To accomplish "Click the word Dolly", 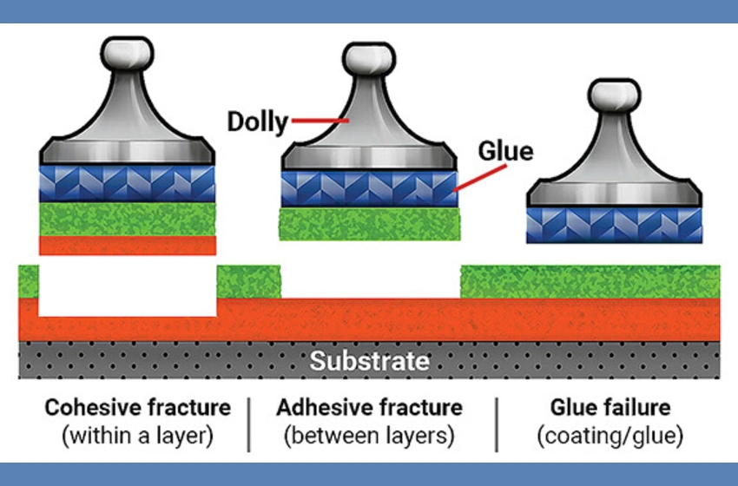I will (257, 121).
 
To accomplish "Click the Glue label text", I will (505, 151).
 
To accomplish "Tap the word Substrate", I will (369, 361).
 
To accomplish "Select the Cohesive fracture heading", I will (138, 407).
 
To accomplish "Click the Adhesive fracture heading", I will (369, 407).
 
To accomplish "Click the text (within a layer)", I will (138, 436).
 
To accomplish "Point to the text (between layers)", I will (369, 436).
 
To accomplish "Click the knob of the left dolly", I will (128, 54).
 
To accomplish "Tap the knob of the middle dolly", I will (369, 59).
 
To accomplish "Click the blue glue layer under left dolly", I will (128, 183).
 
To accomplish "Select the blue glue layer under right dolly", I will (615, 225).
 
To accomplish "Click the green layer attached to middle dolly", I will (369, 223).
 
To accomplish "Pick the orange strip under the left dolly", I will (128, 245).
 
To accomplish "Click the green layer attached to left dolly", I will (128, 219).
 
